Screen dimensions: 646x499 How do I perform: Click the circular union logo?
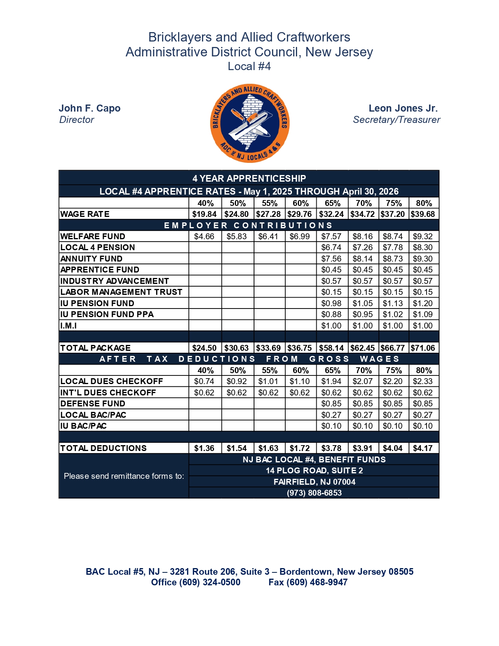pyautogui.click(x=250, y=123)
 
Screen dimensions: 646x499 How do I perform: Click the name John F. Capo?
pyautogui.click(x=90, y=108)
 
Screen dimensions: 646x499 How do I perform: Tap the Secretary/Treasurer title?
pyautogui.click(x=396, y=120)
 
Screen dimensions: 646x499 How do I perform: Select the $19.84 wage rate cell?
pyautogui.click(x=204, y=214)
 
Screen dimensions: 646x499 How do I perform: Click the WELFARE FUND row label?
pyautogui.click(x=93, y=236)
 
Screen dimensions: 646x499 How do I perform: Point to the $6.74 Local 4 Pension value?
pyautogui.click(x=331, y=247)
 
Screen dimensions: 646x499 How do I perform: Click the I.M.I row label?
pyautogui.click(x=68, y=326)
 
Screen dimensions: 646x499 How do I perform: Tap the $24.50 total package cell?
pyautogui.click(x=204, y=348)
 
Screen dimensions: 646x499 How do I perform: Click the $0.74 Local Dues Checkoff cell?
pyautogui.click(x=204, y=381)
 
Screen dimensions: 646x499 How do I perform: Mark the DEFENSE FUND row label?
pyautogui.click(x=93, y=404)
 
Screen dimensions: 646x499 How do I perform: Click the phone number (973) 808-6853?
pyautogui.click(x=314, y=493)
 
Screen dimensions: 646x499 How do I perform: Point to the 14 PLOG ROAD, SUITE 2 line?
pyautogui.click(x=314, y=471)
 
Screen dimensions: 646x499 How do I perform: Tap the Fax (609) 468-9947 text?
pyautogui.click(x=308, y=583)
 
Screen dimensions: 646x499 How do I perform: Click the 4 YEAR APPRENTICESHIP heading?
pyautogui.click(x=249, y=179)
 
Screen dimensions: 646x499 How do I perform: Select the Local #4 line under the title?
pyautogui.click(x=249, y=67)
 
